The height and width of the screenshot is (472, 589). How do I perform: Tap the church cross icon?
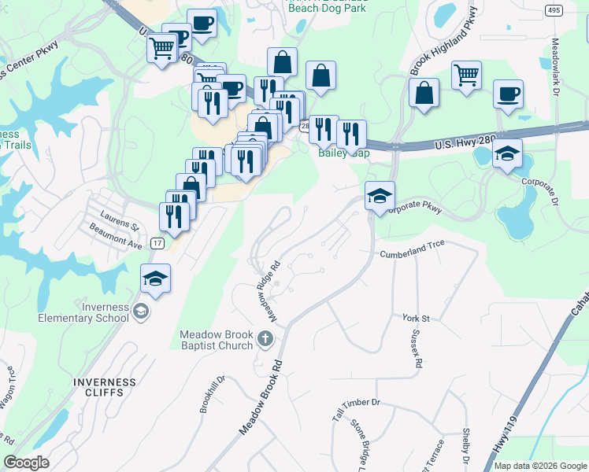pyautogui.click(x=265, y=340)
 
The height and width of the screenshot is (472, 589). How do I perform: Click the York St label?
pyautogui.click(x=416, y=318)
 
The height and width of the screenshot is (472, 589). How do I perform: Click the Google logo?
pyautogui.click(x=26, y=463)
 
